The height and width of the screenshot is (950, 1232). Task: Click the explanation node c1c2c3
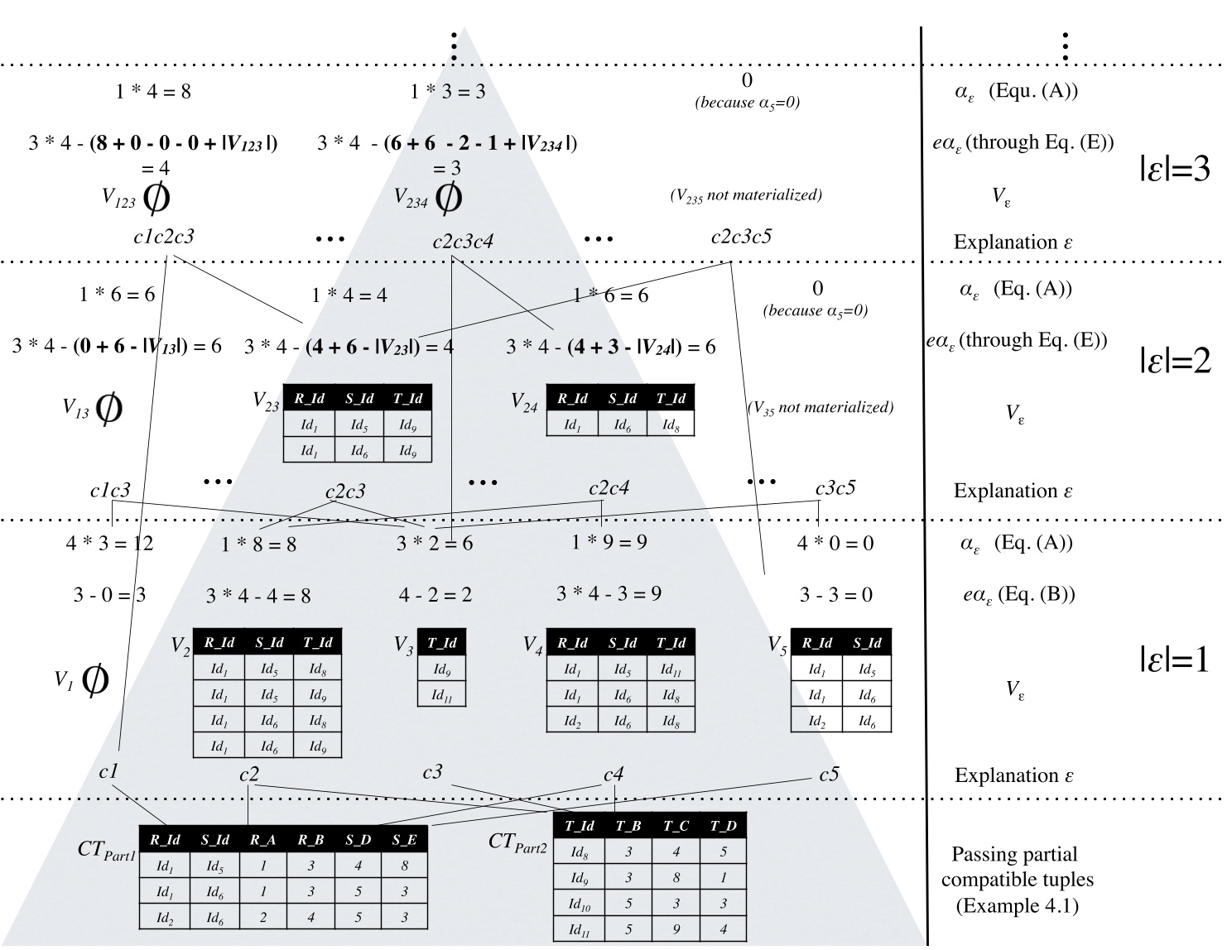(164, 236)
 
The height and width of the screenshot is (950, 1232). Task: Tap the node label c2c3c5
(741, 236)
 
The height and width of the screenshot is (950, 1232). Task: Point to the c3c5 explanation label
(835, 488)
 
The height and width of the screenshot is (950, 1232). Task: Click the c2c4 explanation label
(609, 488)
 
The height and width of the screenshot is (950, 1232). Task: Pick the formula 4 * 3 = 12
(109, 544)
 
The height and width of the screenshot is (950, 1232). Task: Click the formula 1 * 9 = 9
(609, 542)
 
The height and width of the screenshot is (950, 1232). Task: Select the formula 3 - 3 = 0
(835, 595)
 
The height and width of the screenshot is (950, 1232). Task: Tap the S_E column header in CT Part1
(404, 839)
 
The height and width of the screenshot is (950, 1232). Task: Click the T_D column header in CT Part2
(723, 826)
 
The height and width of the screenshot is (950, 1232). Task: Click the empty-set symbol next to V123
(156, 196)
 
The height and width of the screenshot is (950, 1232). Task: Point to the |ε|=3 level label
(1174, 170)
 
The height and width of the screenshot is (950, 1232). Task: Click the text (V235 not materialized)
(745, 195)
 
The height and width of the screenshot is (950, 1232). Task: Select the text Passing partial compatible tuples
(1017, 866)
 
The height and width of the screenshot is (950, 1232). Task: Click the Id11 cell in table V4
(671, 669)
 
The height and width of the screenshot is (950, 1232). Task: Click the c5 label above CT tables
(829, 775)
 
